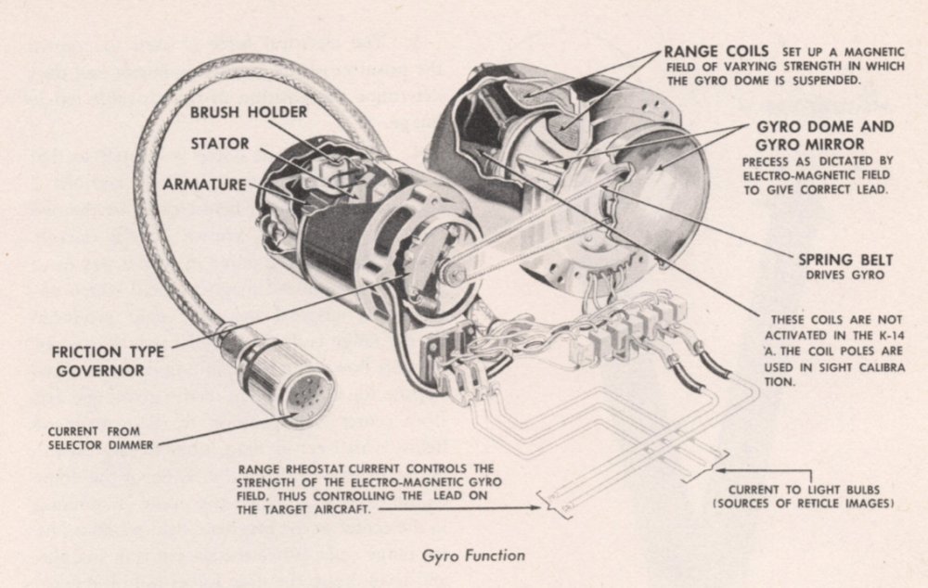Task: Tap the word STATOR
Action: click(x=221, y=144)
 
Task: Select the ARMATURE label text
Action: click(x=206, y=184)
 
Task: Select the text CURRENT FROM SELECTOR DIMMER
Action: click(x=100, y=437)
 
